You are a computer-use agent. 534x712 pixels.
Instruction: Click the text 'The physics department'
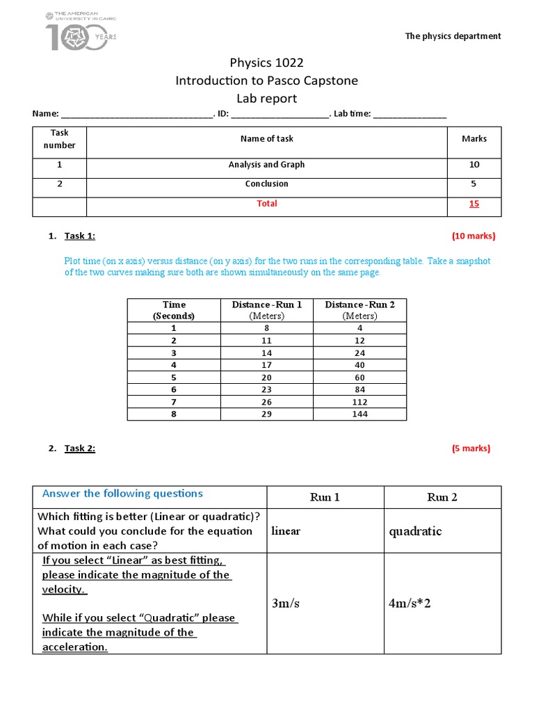pyautogui.click(x=453, y=36)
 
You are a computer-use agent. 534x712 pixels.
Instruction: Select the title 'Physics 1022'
pyautogui.click(x=266, y=63)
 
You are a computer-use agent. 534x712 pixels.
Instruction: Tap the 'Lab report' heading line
pyautogui.click(x=266, y=99)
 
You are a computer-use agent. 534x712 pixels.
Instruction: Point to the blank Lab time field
pyautogui.click(x=410, y=115)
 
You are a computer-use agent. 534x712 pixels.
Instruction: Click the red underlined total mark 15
pyautogui.click(x=474, y=204)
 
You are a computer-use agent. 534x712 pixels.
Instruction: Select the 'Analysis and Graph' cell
pyautogui.click(x=266, y=165)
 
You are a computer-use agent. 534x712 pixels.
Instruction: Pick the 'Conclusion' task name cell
pyautogui.click(x=266, y=184)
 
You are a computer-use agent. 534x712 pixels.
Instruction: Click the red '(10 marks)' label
pyautogui.click(x=474, y=236)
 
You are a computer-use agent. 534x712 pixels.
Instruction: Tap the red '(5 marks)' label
pyautogui.click(x=471, y=448)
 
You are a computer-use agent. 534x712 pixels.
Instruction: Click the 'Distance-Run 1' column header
pyautogui.click(x=266, y=309)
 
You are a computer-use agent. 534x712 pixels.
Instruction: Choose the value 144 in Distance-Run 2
pyautogui.click(x=359, y=414)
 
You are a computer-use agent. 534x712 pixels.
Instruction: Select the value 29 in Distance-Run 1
pyautogui.click(x=266, y=414)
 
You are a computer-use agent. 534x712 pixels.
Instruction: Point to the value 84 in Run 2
pyautogui.click(x=359, y=390)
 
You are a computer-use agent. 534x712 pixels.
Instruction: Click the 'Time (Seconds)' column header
pyautogui.click(x=174, y=309)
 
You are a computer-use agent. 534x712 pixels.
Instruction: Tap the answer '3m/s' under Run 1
pyautogui.click(x=286, y=603)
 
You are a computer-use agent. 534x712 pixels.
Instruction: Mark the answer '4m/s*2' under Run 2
pyautogui.click(x=410, y=603)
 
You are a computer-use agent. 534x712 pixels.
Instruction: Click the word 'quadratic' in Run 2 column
pyautogui.click(x=415, y=531)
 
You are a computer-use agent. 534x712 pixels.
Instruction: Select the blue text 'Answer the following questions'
pyautogui.click(x=122, y=494)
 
